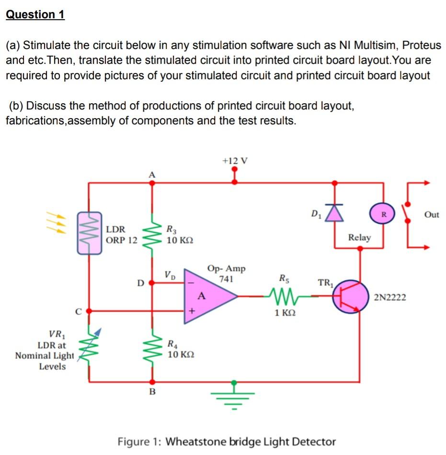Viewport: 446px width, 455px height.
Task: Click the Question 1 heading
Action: click(x=35, y=14)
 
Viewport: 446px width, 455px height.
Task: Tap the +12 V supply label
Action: click(x=235, y=160)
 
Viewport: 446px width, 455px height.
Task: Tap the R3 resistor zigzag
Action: click(x=152, y=234)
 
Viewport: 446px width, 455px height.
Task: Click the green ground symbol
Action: click(x=234, y=397)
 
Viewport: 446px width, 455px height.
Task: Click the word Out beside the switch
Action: click(x=431, y=215)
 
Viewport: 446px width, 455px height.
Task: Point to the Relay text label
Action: click(x=359, y=237)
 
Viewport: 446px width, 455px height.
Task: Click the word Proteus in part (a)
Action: click(x=421, y=46)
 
